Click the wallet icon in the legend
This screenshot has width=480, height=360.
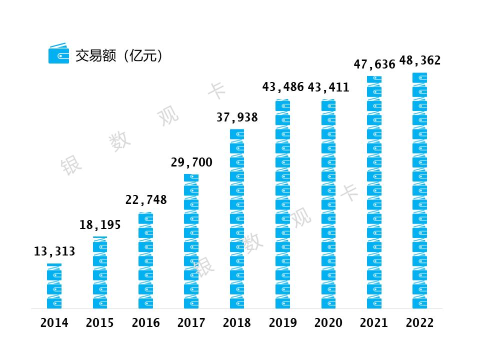58,54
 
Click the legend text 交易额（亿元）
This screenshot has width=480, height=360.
119,55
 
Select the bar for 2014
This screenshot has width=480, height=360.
54,286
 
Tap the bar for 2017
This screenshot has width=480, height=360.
191,241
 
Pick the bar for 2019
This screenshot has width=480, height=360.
282,204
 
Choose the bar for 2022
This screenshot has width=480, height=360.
419,190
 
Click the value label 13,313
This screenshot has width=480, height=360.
54,251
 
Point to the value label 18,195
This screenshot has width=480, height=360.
100,225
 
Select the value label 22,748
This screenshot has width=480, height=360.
146,200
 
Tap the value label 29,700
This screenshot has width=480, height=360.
191,162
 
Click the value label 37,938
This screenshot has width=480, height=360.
237,117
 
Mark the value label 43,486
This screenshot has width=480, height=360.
283,87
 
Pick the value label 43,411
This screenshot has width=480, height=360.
328,88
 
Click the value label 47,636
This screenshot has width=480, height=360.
374,64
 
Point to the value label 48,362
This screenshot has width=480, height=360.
420,60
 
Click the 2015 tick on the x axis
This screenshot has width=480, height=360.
100,323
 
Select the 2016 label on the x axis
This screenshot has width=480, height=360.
146,323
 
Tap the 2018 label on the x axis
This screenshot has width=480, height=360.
237,323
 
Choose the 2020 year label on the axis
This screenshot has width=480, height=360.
328,323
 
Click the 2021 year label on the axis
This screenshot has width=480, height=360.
374,323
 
